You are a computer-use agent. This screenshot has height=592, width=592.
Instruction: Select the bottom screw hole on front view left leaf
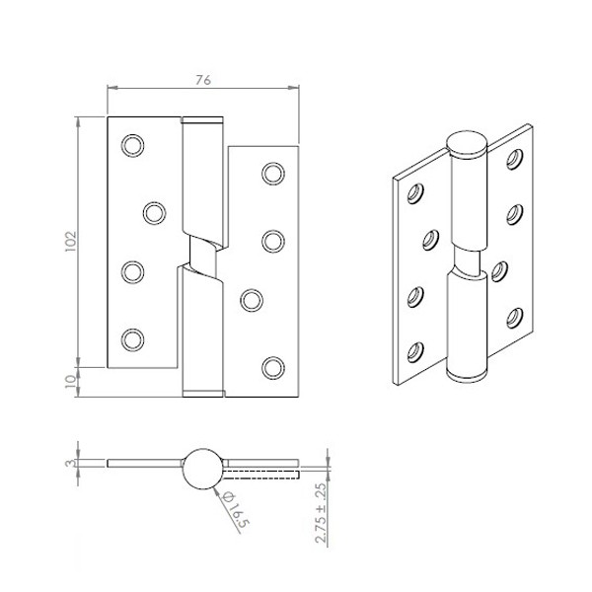[132, 339]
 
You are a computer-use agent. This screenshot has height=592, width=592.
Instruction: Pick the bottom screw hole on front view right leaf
[272, 367]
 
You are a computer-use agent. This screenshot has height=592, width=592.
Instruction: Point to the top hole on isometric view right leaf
[514, 158]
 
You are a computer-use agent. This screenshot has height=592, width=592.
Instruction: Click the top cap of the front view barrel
[203, 122]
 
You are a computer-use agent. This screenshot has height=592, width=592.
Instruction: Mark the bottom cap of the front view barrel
[203, 393]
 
